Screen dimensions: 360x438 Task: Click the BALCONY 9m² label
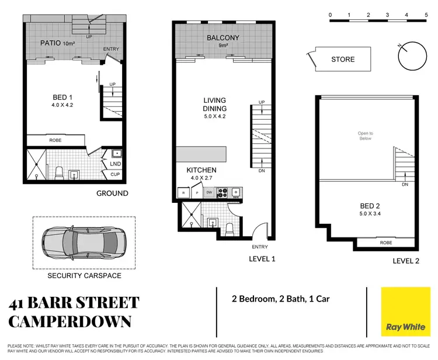point(223,41)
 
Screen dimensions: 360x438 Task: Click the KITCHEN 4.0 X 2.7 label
point(201,173)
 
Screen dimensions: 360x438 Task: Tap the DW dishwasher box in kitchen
point(209,192)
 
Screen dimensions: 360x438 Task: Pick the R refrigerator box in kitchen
point(184,192)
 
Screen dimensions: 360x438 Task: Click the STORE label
point(342,59)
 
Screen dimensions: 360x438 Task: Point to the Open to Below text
point(365,136)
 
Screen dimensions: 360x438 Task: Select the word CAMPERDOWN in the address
point(70,321)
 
